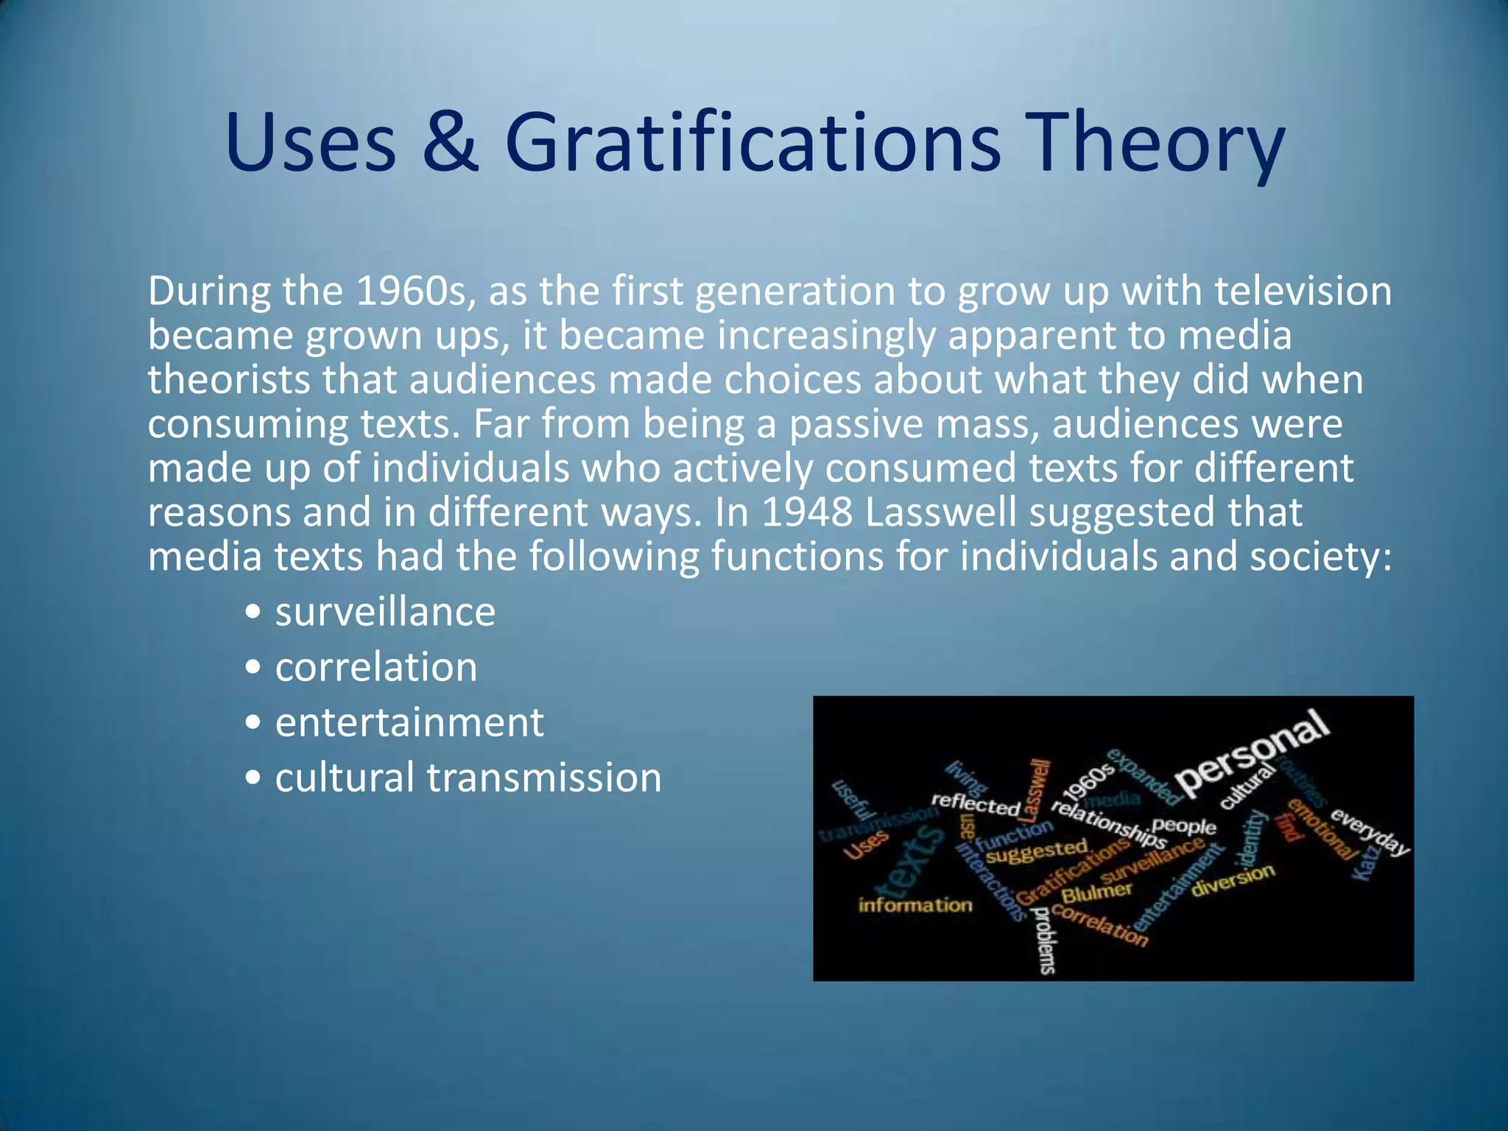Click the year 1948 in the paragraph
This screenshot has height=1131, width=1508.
[x=806, y=512]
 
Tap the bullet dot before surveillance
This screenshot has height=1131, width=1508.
[x=253, y=613]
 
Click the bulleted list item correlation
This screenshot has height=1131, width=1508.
[x=376, y=668]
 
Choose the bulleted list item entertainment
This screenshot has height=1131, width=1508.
[x=409, y=723]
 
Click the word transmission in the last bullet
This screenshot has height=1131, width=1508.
[x=544, y=778]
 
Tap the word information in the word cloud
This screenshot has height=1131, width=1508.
[x=915, y=905]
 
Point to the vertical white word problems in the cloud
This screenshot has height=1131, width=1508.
[x=1045, y=940]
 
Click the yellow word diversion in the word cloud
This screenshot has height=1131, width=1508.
[x=1233, y=880]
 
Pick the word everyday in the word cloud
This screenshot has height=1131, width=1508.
[x=1370, y=832]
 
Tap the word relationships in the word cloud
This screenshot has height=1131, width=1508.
[x=1108, y=825]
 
